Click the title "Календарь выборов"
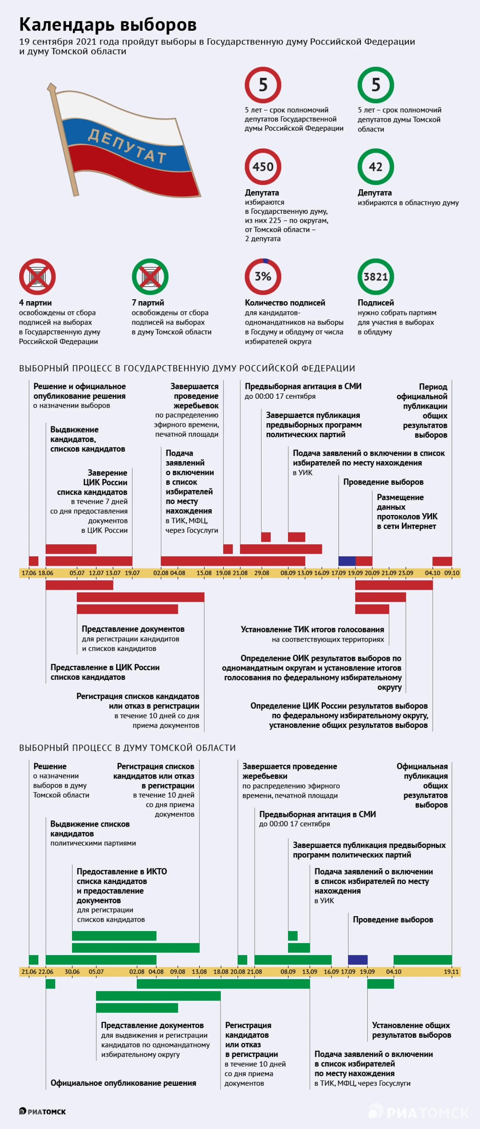(x=108, y=25)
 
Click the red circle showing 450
(x=263, y=166)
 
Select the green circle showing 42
(x=376, y=166)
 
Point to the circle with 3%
(x=263, y=277)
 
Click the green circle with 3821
(x=376, y=277)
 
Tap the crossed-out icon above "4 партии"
(x=37, y=277)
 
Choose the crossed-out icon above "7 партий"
(x=150, y=277)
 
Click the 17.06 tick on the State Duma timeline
(x=29, y=573)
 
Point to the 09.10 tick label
(x=452, y=573)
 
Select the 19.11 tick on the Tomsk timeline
(x=451, y=971)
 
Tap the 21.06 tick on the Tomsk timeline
(x=29, y=971)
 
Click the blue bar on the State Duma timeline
(x=347, y=561)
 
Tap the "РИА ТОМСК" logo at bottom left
(x=43, y=1111)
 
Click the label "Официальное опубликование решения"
(x=123, y=1083)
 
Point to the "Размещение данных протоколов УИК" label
(x=407, y=511)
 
